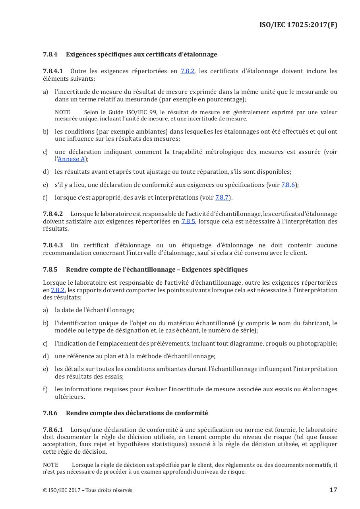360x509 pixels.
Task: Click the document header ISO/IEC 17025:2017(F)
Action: tap(298, 25)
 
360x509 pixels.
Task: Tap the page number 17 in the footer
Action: tap(333, 490)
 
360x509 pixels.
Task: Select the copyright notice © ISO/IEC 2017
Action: tap(87, 490)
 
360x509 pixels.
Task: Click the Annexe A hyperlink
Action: tap(72, 159)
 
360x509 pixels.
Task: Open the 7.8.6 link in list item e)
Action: tap(288, 185)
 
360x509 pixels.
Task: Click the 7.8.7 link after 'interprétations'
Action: tap(222, 198)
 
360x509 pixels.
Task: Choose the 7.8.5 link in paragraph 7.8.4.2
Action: tap(188, 221)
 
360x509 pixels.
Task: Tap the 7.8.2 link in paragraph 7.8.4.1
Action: tap(188, 71)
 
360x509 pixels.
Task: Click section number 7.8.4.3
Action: tap(53, 245)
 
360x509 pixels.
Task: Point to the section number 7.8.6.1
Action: tap(53, 430)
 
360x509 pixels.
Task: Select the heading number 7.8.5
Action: tap(50, 270)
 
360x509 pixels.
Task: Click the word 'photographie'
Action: tap(317, 344)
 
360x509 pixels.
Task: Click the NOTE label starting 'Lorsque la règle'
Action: tap(50, 465)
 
